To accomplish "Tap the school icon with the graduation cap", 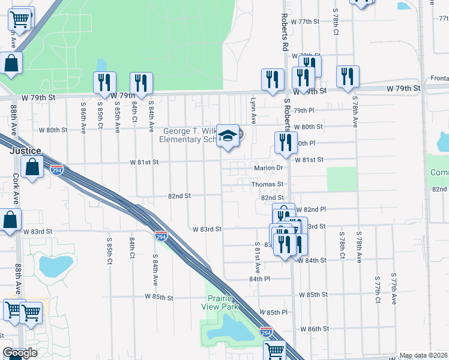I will point(228,136).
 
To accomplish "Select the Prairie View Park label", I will point(223,303).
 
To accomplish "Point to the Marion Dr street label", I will point(267,168).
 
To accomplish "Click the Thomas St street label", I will point(267,184).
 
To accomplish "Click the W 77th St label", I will point(304,21).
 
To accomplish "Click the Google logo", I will point(20,353).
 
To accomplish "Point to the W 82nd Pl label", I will point(310,209).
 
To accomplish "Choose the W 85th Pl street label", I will point(274,313).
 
